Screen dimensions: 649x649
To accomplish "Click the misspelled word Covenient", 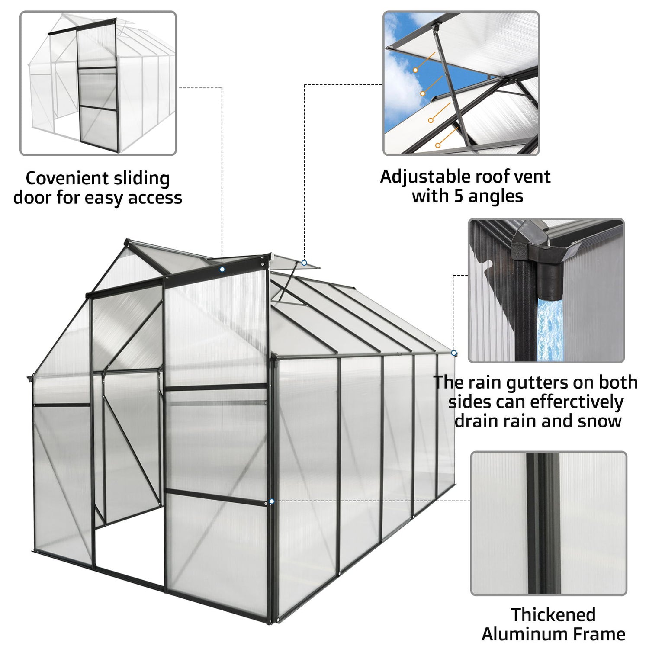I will point(61,178).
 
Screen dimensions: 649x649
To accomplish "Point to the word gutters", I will point(537,383).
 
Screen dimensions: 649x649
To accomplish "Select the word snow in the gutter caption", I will point(601,421).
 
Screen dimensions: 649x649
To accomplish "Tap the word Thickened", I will point(553,614).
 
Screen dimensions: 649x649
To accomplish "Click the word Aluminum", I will point(524,634).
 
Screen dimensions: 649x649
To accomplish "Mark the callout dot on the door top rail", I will point(222,269).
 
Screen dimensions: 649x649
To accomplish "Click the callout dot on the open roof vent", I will point(304,263).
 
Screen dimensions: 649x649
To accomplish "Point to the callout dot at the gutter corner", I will point(453,353).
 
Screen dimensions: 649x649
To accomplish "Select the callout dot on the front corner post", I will point(271,501).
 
